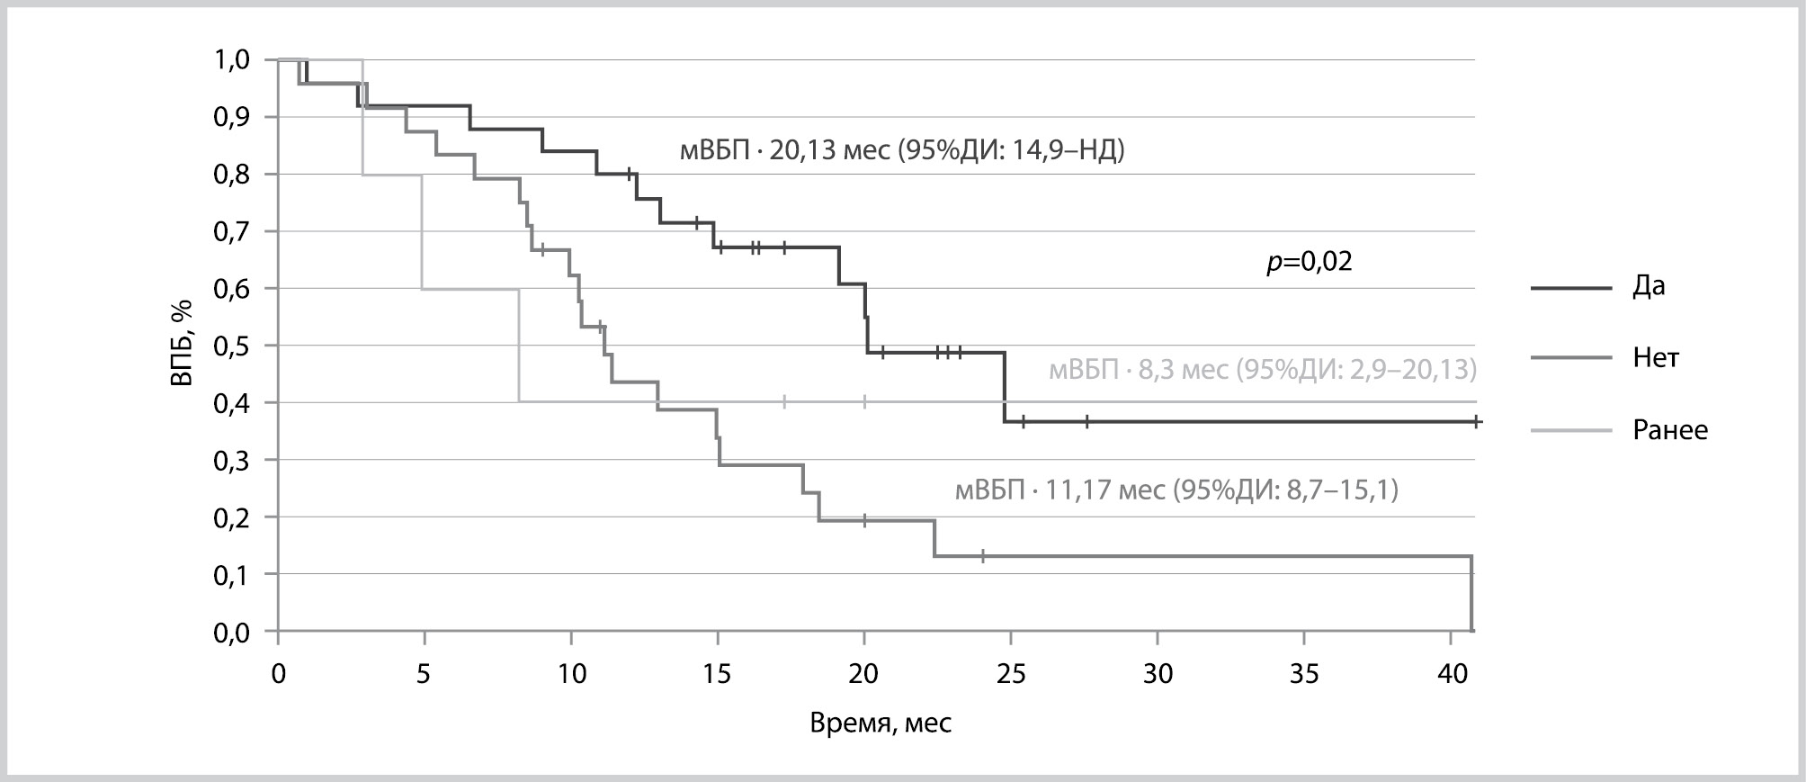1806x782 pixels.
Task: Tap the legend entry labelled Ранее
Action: (x=1619, y=430)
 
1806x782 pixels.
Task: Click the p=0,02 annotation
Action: (x=1309, y=262)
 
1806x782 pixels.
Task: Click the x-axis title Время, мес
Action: (x=881, y=724)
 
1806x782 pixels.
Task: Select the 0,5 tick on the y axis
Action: (x=230, y=346)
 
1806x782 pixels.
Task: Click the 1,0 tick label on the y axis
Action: (x=230, y=60)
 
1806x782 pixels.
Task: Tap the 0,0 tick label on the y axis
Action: (x=230, y=632)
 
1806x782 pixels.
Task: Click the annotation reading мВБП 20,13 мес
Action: (x=902, y=149)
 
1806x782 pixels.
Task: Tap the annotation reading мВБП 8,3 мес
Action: (x=1263, y=370)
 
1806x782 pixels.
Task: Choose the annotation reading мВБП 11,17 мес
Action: (x=1176, y=490)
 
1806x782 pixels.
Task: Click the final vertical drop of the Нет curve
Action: (x=1471, y=594)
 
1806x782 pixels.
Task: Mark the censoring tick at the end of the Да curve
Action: (x=1476, y=421)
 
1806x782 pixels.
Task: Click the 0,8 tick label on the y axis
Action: (x=230, y=175)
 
